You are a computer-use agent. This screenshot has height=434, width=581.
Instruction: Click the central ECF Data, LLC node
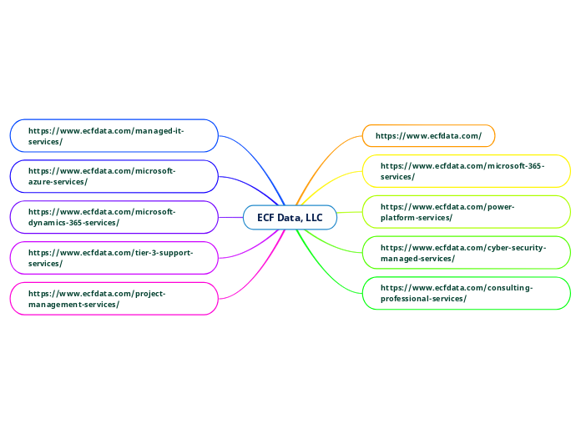coord(290,218)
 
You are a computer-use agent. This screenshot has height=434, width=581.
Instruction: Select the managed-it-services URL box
coord(114,136)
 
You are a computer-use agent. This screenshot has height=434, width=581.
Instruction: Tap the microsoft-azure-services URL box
coord(114,176)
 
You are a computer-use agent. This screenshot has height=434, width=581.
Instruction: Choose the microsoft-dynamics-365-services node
coord(114,217)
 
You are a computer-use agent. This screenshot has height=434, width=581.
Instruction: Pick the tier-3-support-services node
coord(114,258)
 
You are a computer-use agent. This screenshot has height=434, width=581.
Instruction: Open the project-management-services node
coord(114,298)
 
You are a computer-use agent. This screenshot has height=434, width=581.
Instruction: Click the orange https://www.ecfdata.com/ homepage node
coord(428,135)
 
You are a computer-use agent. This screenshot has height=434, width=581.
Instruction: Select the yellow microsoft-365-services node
coord(467,171)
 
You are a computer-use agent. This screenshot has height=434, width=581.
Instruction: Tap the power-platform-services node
coord(467,212)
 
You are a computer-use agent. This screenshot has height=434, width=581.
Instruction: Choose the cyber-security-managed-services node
coord(467,253)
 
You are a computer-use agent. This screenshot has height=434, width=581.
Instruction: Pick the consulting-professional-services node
coord(467,293)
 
